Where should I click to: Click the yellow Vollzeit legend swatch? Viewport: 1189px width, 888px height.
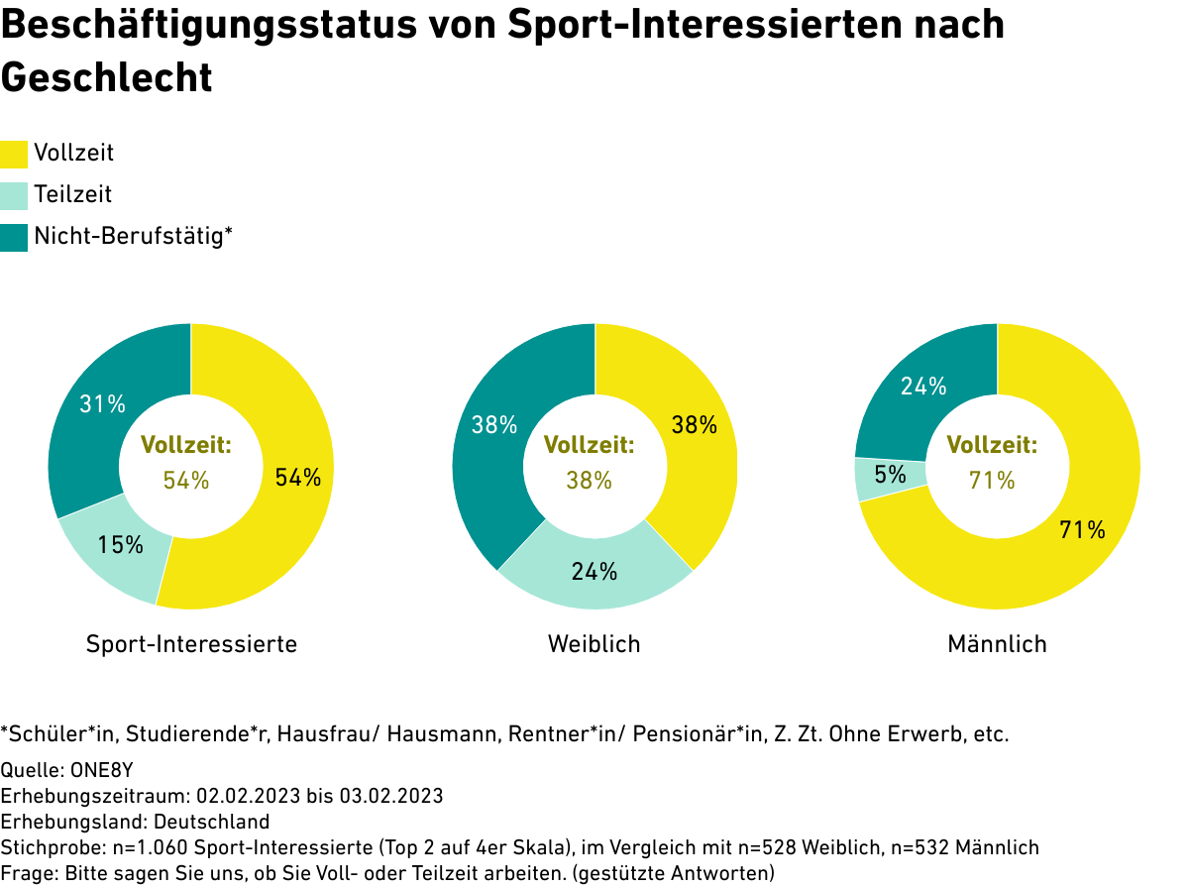tap(14, 154)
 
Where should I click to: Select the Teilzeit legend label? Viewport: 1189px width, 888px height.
tap(72, 194)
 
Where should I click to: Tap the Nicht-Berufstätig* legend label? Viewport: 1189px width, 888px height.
tap(133, 236)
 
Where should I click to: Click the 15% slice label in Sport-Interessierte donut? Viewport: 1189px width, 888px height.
tap(121, 544)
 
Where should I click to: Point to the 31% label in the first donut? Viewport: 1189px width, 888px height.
tap(103, 404)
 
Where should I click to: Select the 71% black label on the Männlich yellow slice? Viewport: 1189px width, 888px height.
tap(1082, 530)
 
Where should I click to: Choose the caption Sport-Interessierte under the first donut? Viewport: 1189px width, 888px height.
tap(191, 644)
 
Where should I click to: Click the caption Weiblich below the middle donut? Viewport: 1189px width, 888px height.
tap(594, 644)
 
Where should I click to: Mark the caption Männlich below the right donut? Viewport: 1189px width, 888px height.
tap(997, 644)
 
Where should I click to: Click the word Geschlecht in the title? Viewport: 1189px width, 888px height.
tap(107, 77)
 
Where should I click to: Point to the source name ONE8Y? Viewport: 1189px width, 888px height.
tap(104, 770)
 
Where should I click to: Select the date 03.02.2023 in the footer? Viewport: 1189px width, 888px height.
tap(394, 796)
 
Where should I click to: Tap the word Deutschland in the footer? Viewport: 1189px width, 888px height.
tap(211, 822)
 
